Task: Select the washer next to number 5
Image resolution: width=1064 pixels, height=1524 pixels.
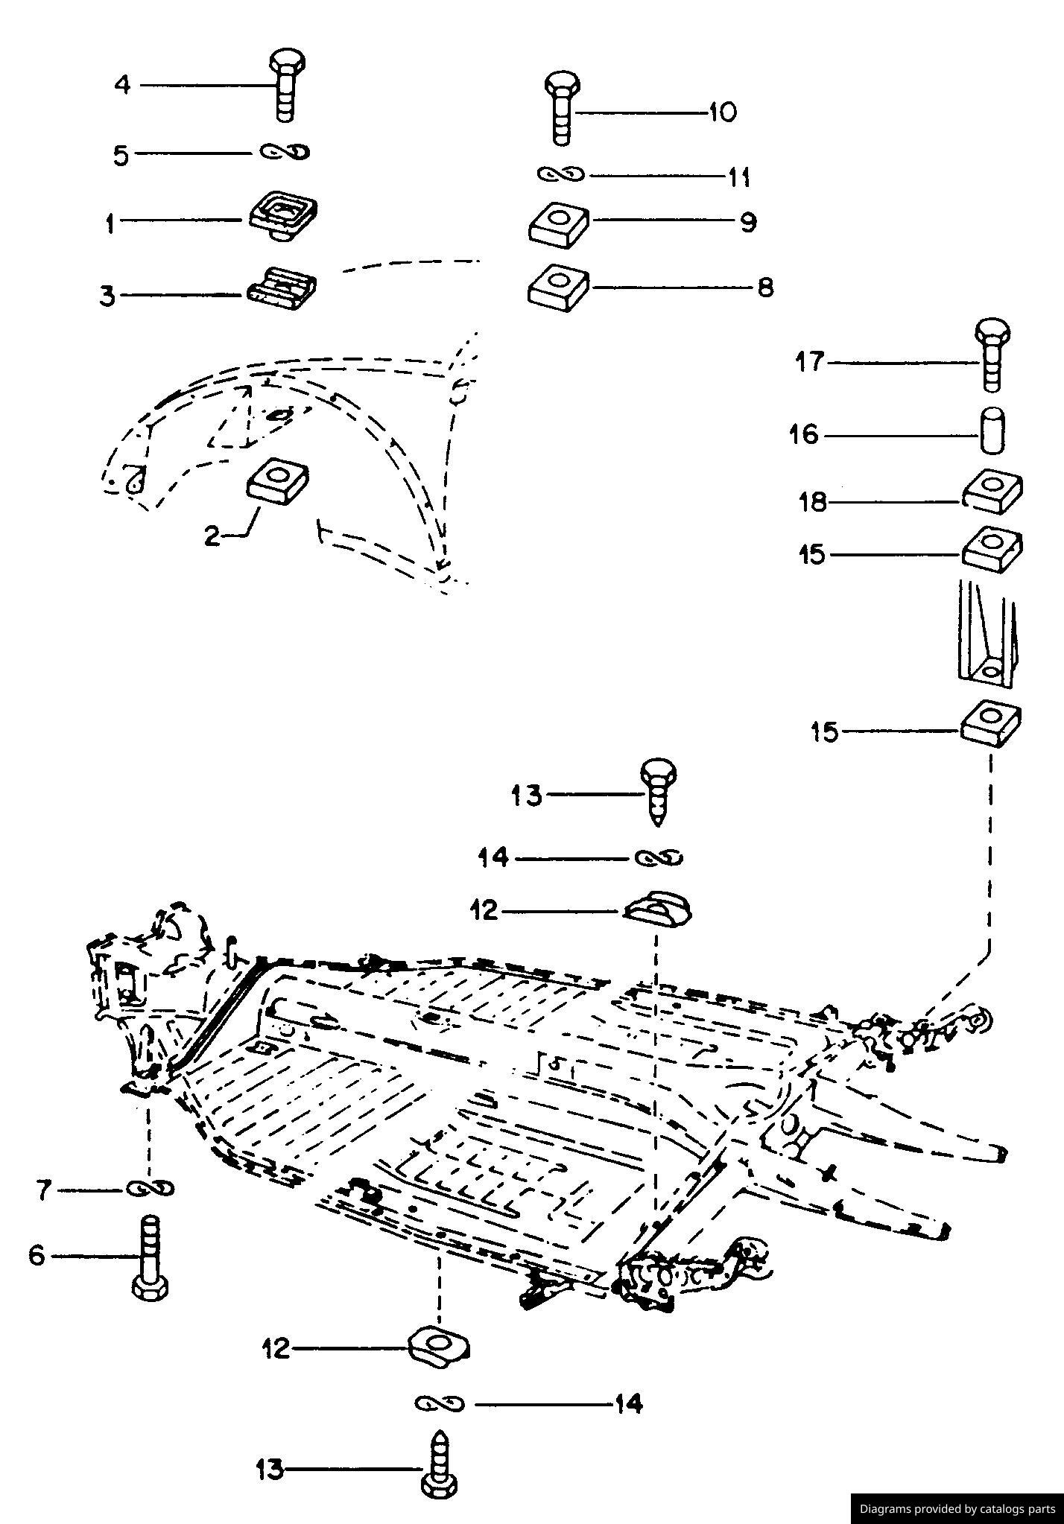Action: (285, 152)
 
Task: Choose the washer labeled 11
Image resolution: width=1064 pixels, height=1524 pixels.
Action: (562, 175)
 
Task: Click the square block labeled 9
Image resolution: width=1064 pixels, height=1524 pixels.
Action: (559, 223)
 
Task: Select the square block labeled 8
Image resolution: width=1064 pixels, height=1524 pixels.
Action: (559, 286)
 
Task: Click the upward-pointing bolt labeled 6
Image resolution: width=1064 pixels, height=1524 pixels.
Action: (151, 1257)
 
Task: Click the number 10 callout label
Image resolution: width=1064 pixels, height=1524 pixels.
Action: (721, 113)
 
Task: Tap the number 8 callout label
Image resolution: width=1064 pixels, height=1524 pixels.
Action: (765, 288)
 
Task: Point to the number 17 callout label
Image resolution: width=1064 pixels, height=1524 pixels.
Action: (810, 363)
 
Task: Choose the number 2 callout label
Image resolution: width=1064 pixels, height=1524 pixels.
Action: (213, 536)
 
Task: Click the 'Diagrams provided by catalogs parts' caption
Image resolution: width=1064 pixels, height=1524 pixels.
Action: (957, 1509)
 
